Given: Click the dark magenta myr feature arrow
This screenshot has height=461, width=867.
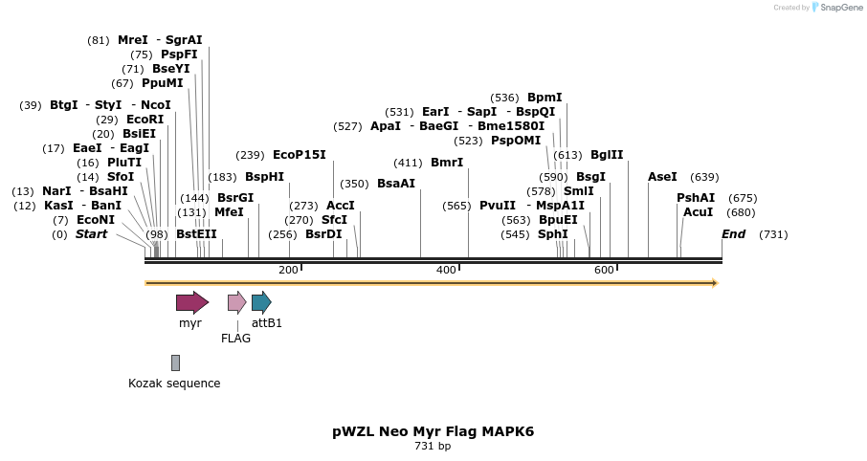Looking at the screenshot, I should pos(191,303).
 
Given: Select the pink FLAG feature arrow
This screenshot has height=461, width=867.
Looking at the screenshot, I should pos(236,303).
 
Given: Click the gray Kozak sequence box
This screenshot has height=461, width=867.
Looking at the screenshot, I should pos(175,362).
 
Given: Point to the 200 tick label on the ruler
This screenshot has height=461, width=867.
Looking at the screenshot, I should pos(288,271).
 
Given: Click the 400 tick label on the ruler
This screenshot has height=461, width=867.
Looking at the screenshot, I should pos(446,271).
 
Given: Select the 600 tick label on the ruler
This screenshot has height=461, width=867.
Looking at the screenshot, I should pos(604,271).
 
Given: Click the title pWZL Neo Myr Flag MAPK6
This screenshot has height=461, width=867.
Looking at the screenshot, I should pos(433,431).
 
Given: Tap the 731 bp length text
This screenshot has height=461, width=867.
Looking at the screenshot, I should pos(433,446).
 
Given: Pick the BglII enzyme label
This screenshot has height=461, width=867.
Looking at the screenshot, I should pos(607,155).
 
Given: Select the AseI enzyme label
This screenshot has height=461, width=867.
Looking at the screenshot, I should pos(662,177).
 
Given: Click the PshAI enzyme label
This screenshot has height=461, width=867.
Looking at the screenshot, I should pos(696,198).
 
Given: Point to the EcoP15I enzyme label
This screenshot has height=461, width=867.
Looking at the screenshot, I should pos(300,155).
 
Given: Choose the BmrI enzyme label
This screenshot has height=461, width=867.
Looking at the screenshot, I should pos(447,163).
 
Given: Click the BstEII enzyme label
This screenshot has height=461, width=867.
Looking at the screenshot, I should pos(196,234).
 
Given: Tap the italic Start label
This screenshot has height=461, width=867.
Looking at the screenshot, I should pos(92,234).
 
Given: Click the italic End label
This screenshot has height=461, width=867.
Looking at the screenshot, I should pos(733,234).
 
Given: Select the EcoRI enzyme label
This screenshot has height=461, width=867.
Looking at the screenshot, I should pos(144,120).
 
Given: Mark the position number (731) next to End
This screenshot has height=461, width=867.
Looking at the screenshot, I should pos(773,234).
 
